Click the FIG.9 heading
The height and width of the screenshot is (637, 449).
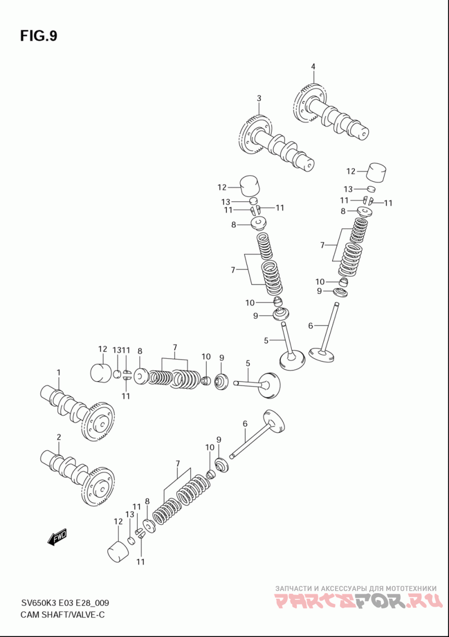pyautogui.click(x=39, y=36)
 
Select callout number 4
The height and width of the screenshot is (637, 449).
pyautogui.click(x=313, y=66)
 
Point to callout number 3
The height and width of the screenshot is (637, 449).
pyautogui.click(x=259, y=98)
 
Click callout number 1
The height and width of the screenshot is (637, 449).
pyautogui.click(x=58, y=372)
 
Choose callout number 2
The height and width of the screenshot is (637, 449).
pyautogui.click(x=58, y=437)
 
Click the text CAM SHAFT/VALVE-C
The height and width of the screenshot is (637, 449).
pyautogui.click(x=62, y=615)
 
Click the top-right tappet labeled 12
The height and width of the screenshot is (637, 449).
pyautogui.click(x=378, y=173)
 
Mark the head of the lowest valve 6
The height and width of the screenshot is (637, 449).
pyautogui.click(x=274, y=423)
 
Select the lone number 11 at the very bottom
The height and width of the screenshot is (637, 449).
pyautogui.click(x=140, y=562)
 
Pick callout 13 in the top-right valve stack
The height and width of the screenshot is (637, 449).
pyautogui.click(x=348, y=189)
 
